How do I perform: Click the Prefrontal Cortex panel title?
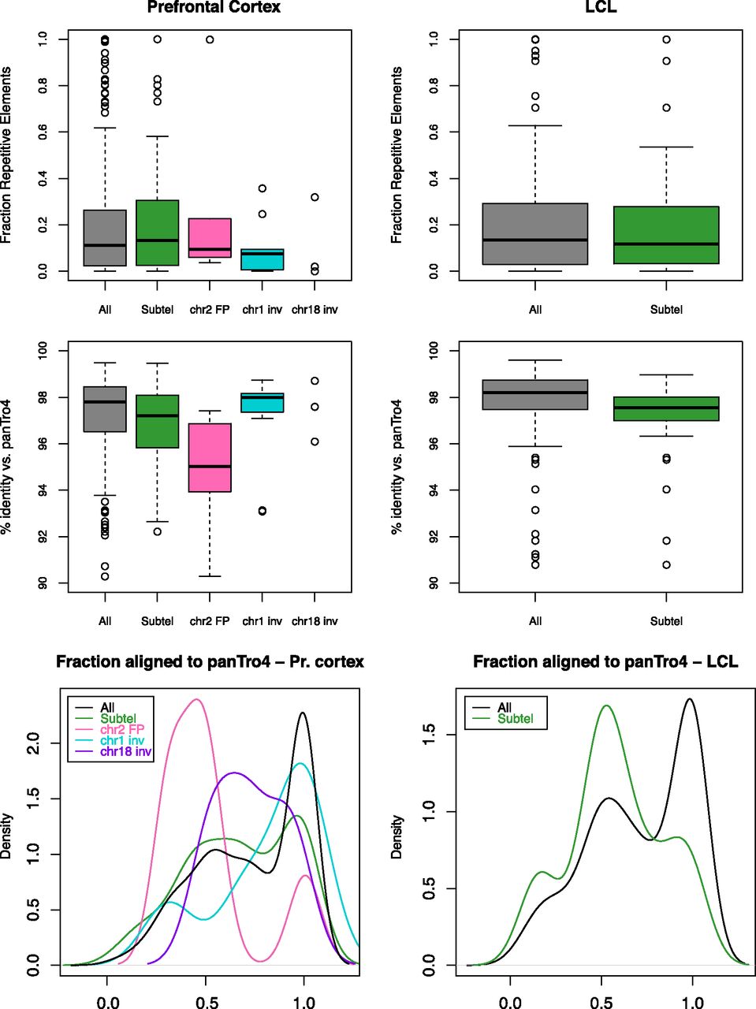[214, 7]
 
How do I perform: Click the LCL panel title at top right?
[601, 7]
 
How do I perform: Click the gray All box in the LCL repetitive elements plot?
[535, 234]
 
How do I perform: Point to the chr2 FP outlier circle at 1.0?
[210, 39]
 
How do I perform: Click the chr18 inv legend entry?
[125, 752]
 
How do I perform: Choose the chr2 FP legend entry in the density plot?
[121, 730]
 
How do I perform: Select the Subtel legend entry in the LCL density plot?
[515, 719]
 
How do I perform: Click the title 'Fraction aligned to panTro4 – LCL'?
[605, 662]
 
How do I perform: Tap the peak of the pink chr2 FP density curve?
[196, 698]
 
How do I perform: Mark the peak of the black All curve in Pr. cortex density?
[303, 713]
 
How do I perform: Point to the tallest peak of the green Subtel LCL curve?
[606, 706]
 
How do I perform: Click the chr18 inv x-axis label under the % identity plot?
[314, 621]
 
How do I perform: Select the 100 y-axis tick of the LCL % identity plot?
[434, 350]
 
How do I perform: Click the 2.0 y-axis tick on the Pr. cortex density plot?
[33, 743]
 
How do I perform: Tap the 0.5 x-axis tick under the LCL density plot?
[601, 1002]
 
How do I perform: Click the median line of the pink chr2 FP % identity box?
[210, 466]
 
